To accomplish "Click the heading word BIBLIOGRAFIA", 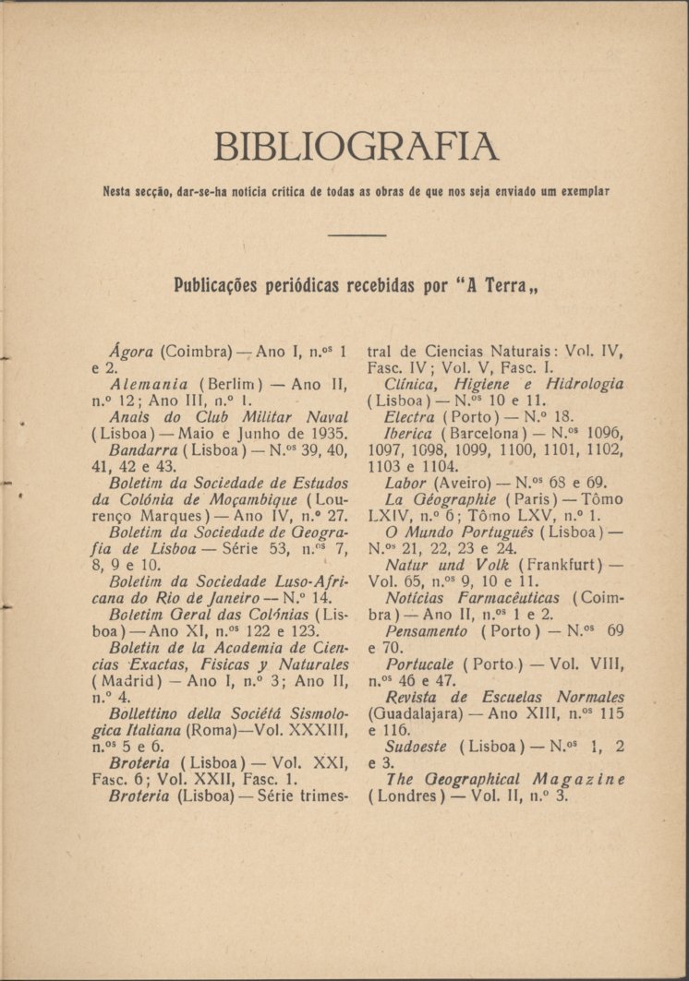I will click(x=356, y=147).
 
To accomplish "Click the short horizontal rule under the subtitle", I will click(x=357, y=235).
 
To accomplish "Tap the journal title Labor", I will click(x=405, y=483).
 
